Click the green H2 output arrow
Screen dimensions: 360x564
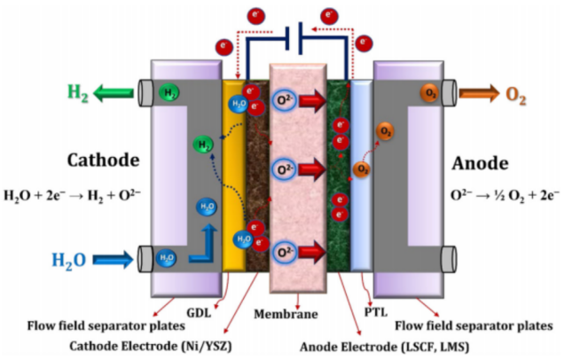111,90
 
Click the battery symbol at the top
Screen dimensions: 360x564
297,41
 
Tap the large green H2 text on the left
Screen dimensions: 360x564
74,90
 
